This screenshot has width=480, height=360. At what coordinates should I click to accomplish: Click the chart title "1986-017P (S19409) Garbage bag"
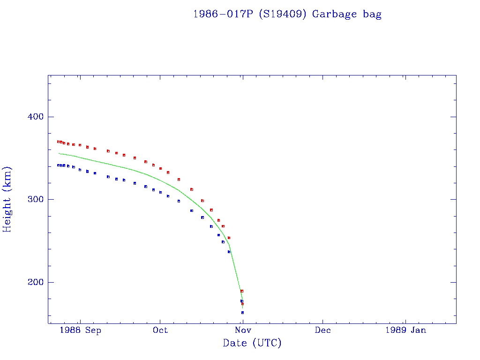[x=287, y=14]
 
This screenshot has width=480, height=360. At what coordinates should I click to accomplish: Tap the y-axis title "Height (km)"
[x=7, y=199]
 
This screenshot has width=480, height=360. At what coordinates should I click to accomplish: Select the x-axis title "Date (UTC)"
[x=252, y=343]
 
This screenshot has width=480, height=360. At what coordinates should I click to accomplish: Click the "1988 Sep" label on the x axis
[x=81, y=330]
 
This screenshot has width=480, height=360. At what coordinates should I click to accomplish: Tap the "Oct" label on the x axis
[x=160, y=330]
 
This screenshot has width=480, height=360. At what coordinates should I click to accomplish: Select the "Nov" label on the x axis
[x=242, y=330]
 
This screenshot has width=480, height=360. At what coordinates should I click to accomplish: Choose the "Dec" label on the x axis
[x=323, y=330]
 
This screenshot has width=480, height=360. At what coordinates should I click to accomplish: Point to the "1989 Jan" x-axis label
[x=405, y=330]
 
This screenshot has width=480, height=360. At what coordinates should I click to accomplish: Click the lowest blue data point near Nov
[x=242, y=313]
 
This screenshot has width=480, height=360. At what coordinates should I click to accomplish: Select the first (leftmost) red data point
[x=58, y=142]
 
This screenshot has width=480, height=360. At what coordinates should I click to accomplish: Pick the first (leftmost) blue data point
[x=58, y=165]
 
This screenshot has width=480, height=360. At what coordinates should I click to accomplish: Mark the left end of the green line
[x=59, y=153]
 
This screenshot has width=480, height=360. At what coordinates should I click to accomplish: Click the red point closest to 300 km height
[x=202, y=201]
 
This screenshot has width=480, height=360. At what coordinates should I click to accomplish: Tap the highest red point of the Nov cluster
[x=242, y=291]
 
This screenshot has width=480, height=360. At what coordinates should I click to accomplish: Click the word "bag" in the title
[x=372, y=15]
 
